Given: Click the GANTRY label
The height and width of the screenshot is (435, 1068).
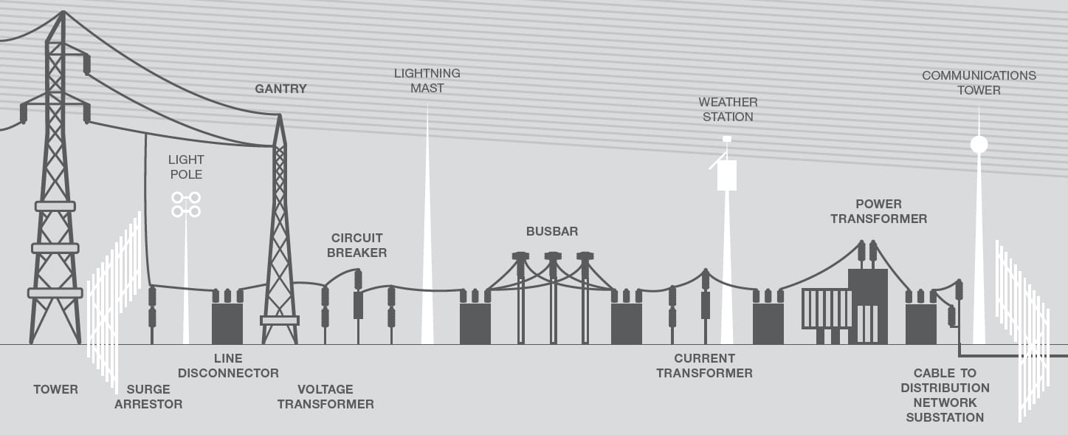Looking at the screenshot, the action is point(280,89).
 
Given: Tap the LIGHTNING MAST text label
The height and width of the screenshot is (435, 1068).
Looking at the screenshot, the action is point(427,81).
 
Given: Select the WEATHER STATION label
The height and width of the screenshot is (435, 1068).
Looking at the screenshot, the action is point(728,109).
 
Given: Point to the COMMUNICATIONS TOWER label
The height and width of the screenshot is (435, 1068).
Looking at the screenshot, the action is point(979,83).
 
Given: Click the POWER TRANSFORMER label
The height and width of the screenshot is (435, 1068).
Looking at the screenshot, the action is point(879,211).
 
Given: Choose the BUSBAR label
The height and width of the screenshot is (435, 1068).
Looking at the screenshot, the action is point(552,231).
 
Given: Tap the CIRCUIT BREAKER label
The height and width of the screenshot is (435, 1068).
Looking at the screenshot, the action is point(356,245).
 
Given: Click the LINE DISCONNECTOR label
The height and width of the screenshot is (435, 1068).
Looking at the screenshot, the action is point(228,366).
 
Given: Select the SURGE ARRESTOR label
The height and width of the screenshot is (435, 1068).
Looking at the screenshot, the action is point(148,397).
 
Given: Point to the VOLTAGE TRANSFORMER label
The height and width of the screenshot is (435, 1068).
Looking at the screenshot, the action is point(325,397).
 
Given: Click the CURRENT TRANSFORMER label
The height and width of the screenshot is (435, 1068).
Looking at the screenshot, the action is point(704,366).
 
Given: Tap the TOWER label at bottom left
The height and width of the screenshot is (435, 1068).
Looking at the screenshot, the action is point(56,389).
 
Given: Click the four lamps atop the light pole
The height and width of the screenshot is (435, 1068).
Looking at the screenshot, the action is point(186,205).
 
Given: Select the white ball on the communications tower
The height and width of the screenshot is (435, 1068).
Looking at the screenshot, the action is point(979,144).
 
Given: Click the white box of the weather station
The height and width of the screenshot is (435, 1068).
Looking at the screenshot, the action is point(727,175).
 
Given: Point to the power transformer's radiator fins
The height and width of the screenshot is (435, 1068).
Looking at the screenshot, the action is point(826,309).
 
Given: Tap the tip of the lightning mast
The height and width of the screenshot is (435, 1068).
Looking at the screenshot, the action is point(427,106).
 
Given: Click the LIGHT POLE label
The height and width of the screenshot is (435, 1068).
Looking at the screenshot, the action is point(187,167).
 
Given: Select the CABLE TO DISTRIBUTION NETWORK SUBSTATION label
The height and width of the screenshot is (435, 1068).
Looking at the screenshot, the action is point(945,395).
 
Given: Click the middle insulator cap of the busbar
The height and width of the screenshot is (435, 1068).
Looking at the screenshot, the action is point(553,256).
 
